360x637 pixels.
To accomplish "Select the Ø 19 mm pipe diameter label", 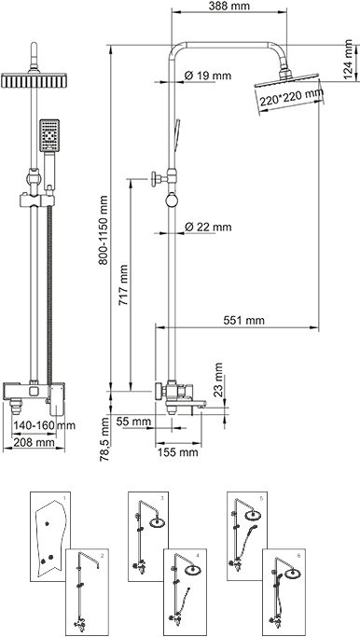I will [x=206, y=75].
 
